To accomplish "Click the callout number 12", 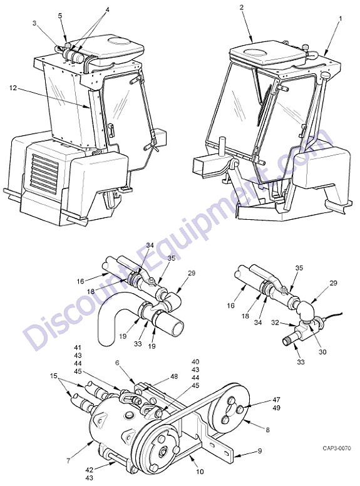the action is [13, 88].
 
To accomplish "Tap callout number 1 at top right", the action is [341, 19].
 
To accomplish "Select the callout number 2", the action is [242, 7].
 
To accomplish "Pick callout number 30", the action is [322, 352].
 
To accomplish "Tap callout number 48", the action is [175, 376].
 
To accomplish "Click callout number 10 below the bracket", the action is [200, 472].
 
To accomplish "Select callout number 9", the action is [260, 451].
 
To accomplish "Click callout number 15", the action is [54, 376].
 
